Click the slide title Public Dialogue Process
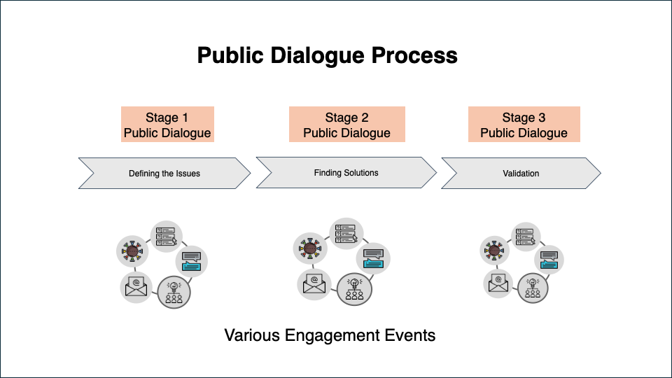[x=327, y=55]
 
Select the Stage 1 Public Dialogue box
[x=167, y=125]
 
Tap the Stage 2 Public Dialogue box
[x=346, y=125]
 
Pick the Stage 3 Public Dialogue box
[x=524, y=125]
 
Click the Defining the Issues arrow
[x=164, y=174]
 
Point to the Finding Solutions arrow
[x=346, y=172]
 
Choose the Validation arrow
[x=521, y=174]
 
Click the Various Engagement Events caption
[x=330, y=335]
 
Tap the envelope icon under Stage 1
[x=135, y=286]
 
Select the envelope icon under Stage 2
[x=314, y=283]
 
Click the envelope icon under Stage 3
[x=498, y=283]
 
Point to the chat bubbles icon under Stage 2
[x=373, y=258]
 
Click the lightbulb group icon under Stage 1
[x=173, y=291]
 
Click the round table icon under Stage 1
[x=131, y=250]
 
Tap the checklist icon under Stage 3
[x=524, y=237]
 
